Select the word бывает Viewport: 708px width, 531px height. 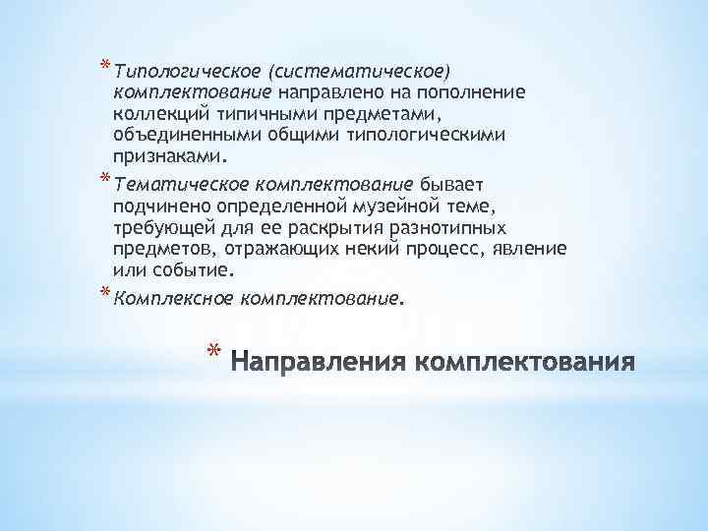449,183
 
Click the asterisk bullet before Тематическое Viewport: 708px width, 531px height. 103,178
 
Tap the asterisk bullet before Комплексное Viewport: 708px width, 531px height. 103,291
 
